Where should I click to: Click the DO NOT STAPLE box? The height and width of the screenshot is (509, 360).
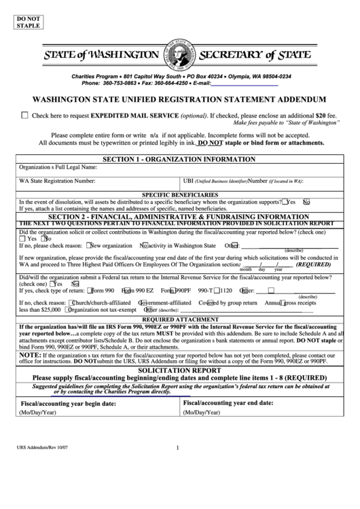tap(27, 20)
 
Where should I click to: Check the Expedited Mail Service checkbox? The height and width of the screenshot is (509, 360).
tap(25, 116)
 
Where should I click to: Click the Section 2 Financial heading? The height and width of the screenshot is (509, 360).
tap(180, 216)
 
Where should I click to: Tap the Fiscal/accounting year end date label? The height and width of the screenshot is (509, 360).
tap(227, 403)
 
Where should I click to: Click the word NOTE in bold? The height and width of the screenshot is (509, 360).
tap(30, 355)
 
